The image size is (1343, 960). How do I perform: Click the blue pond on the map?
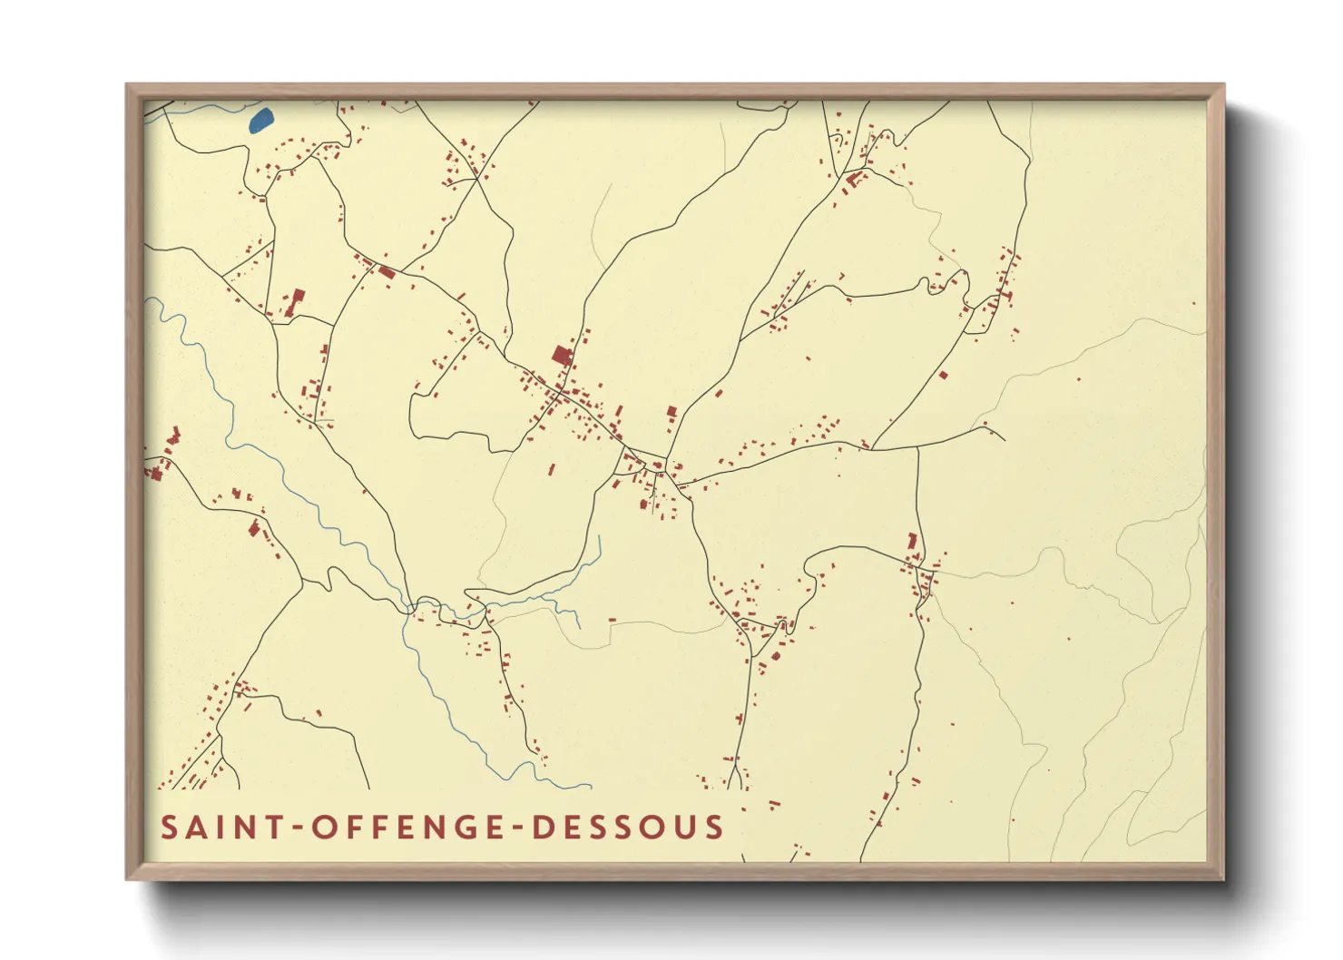coord(260,121)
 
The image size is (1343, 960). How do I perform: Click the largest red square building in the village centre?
coord(563,354)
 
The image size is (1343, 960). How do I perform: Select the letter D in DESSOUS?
coord(543,828)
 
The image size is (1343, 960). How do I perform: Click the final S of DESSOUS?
coord(714,828)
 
